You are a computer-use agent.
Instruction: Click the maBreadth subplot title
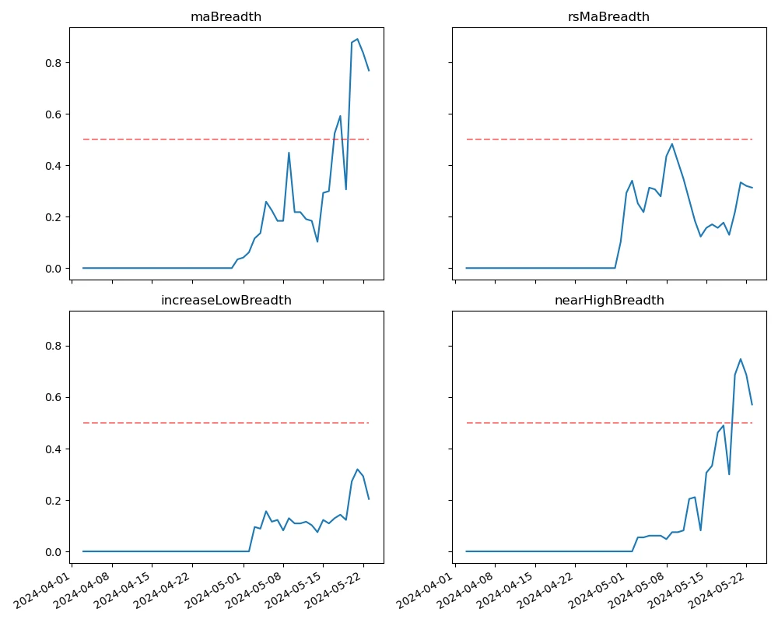click(226, 17)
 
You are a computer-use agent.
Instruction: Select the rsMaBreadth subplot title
click(608, 17)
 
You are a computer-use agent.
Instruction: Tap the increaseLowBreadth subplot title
click(226, 301)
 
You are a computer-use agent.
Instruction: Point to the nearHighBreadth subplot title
click(608, 301)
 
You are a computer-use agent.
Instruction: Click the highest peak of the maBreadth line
click(357, 39)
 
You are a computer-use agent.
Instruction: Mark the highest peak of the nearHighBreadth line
click(740, 359)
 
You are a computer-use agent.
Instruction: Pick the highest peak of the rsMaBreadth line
click(672, 143)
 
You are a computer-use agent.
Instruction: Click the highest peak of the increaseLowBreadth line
click(357, 469)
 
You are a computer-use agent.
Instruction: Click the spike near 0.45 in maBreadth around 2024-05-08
click(289, 153)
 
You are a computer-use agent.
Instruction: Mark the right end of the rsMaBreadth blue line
click(752, 188)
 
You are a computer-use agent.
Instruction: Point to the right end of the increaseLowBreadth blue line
click(369, 499)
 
